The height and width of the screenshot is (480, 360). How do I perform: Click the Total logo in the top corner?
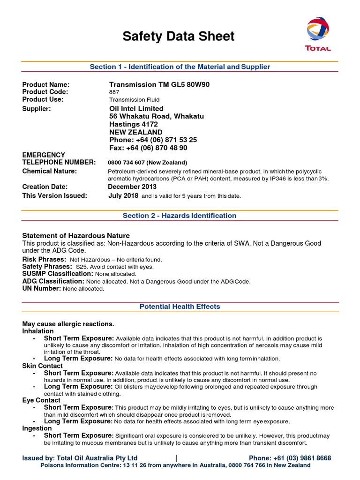pyautogui.click(x=318, y=34)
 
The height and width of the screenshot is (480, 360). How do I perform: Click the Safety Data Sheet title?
pyautogui.click(x=178, y=37)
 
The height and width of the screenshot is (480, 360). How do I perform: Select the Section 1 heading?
pyautogui.click(x=180, y=67)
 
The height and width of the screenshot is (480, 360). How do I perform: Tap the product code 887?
pyautogui.click(x=114, y=92)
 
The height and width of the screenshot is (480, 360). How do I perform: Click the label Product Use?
pyautogui.click(x=43, y=99)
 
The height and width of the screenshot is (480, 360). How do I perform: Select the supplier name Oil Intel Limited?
pyautogui.click(x=136, y=109)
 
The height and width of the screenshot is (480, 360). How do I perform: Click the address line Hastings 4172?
pyautogui.click(x=134, y=124)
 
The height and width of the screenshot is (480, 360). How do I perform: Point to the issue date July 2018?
pyautogui.click(x=123, y=195)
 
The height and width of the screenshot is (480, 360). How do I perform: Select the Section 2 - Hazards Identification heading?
pyautogui.click(x=180, y=216)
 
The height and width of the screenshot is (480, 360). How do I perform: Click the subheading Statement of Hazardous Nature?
pyautogui.click(x=76, y=235)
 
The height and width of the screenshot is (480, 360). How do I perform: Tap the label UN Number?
pyautogui.click(x=42, y=289)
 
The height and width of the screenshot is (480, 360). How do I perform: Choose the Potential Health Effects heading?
pyautogui.click(x=180, y=307)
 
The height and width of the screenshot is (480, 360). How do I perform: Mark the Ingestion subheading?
pyautogui.click(x=37, y=428)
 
